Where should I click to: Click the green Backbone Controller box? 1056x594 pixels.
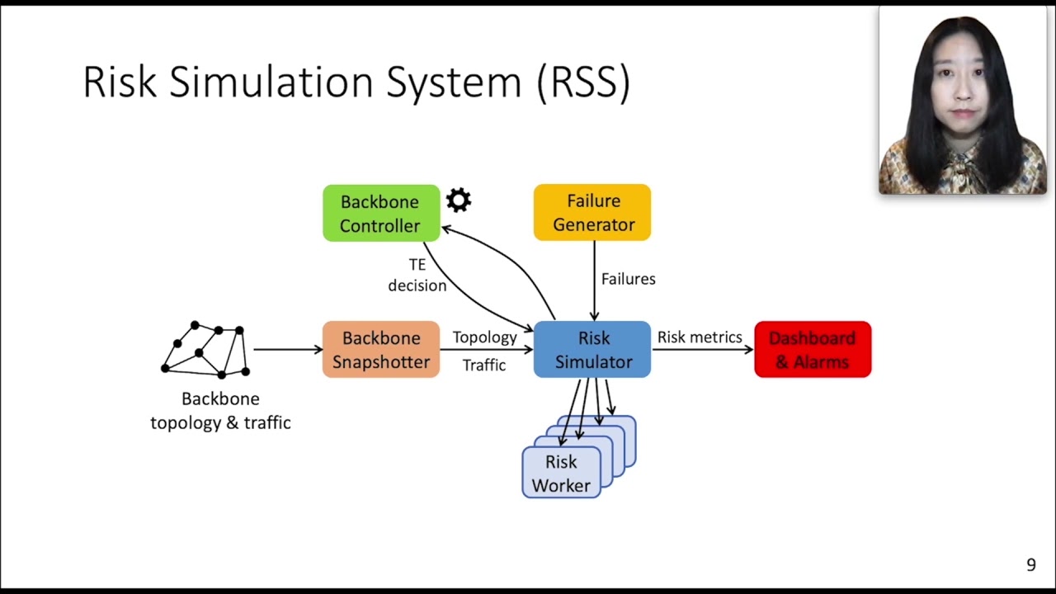pyautogui.click(x=380, y=214)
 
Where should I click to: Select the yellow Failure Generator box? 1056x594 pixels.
pyautogui.click(x=592, y=213)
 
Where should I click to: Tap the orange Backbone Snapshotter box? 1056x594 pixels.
pyautogui.click(x=380, y=350)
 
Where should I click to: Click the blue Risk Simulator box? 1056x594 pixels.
pyautogui.click(x=592, y=350)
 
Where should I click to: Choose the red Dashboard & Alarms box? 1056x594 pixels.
pyautogui.click(x=813, y=350)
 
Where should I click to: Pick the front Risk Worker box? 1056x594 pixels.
pyautogui.click(x=561, y=474)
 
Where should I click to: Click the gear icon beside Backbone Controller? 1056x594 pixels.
pyautogui.click(x=459, y=200)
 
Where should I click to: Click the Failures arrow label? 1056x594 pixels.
pyautogui.click(x=628, y=279)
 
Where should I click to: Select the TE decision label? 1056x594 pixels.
pyautogui.click(x=417, y=275)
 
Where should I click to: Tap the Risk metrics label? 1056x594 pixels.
pyautogui.click(x=700, y=337)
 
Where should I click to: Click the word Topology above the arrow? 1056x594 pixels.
pyautogui.click(x=484, y=337)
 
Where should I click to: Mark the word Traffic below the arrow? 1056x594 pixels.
pyautogui.click(x=484, y=365)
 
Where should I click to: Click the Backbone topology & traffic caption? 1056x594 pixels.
pyautogui.click(x=220, y=411)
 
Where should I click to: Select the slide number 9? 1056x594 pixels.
pyautogui.click(x=1030, y=565)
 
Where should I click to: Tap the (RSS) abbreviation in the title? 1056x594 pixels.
pyautogui.click(x=583, y=82)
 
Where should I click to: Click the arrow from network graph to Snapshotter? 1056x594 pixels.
pyautogui.click(x=287, y=350)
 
